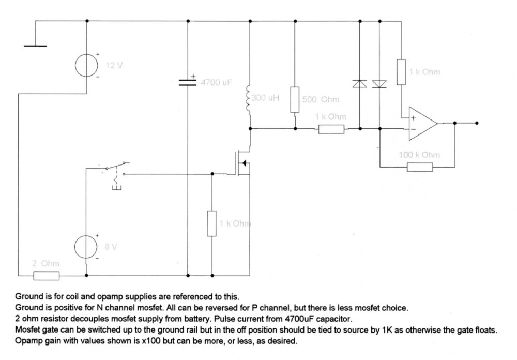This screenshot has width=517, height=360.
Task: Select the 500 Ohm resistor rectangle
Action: (295, 100)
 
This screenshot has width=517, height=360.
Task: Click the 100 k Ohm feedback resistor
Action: (420, 167)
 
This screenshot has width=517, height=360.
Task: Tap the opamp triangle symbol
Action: (422, 124)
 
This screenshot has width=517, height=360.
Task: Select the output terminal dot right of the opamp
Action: (476, 123)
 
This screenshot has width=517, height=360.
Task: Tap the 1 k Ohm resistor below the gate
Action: (212, 223)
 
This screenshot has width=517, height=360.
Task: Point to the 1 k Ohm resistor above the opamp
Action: (401, 72)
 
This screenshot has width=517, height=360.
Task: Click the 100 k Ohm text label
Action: (419, 155)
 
